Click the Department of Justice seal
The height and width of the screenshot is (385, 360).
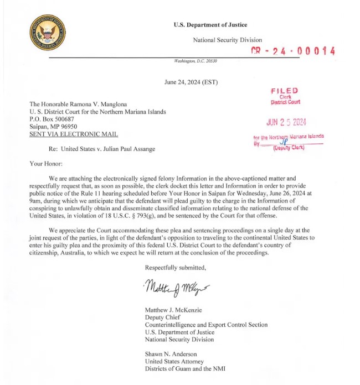(x=47, y=32)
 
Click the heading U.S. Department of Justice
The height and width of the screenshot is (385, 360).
(x=210, y=25)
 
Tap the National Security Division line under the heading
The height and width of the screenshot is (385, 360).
(x=227, y=40)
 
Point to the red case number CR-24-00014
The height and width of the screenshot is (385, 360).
(x=293, y=51)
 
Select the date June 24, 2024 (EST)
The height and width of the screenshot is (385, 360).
(x=191, y=82)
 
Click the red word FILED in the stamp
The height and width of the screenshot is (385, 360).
(x=285, y=90)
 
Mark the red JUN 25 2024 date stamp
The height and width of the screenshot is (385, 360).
(x=286, y=122)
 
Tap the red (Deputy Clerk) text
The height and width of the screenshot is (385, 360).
(x=289, y=148)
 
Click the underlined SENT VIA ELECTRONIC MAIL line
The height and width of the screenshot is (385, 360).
(x=74, y=134)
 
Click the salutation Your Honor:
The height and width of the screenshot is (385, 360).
(x=47, y=164)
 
